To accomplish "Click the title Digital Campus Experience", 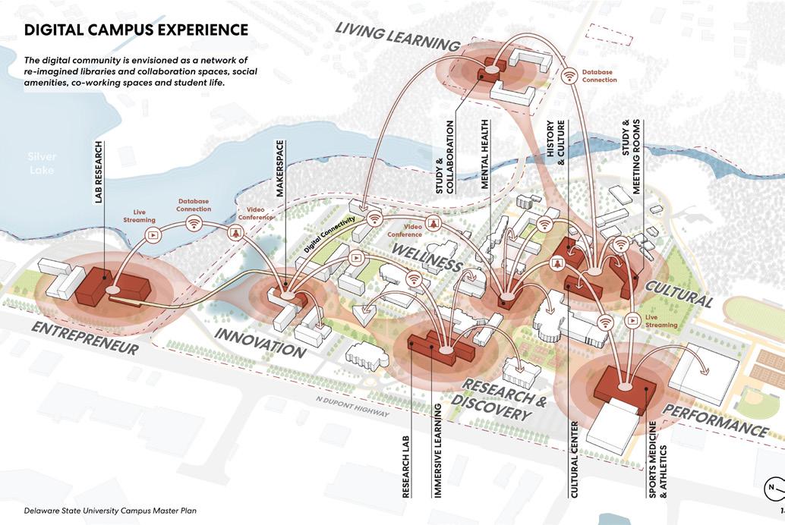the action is (x=136, y=30).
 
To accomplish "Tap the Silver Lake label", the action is (x=42, y=163).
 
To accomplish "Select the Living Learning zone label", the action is (x=398, y=36).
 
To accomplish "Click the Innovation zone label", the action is (x=259, y=343).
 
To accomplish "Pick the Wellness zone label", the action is (x=428, y=256).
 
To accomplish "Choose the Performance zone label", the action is (x=716, y=419).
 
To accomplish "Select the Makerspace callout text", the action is (x=279, y=168).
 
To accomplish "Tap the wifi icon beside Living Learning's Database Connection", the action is (x=569, y=76).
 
